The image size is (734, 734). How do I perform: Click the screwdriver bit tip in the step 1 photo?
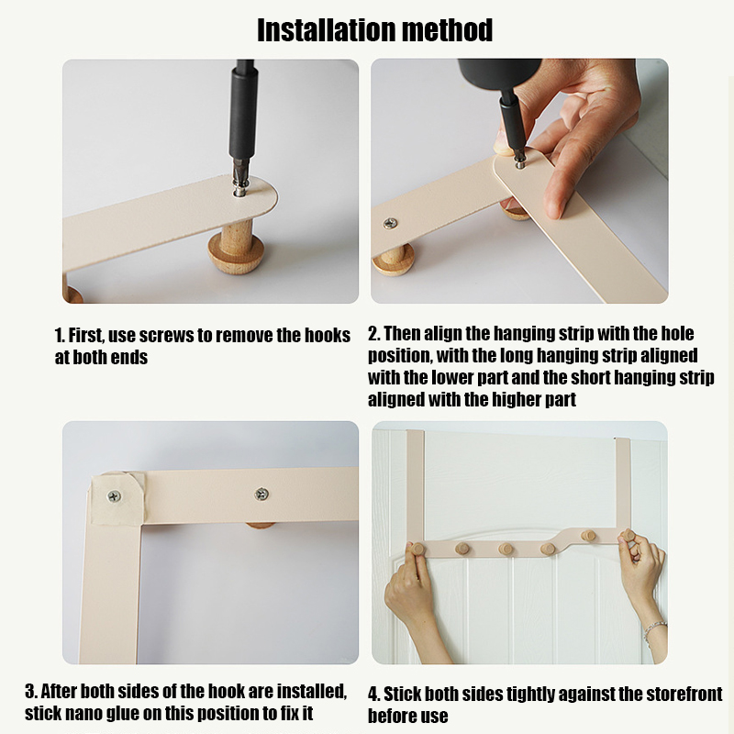coord(239,190)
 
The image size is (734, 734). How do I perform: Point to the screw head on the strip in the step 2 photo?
coord(390,223)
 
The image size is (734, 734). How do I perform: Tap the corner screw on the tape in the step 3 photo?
coord(114,496)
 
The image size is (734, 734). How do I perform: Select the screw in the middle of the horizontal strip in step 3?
coord(261,494)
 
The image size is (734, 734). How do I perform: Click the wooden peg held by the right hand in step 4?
coord(628,536)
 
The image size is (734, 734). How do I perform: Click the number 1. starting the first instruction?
coord(60,335)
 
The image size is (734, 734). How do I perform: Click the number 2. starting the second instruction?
coord(373,333)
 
